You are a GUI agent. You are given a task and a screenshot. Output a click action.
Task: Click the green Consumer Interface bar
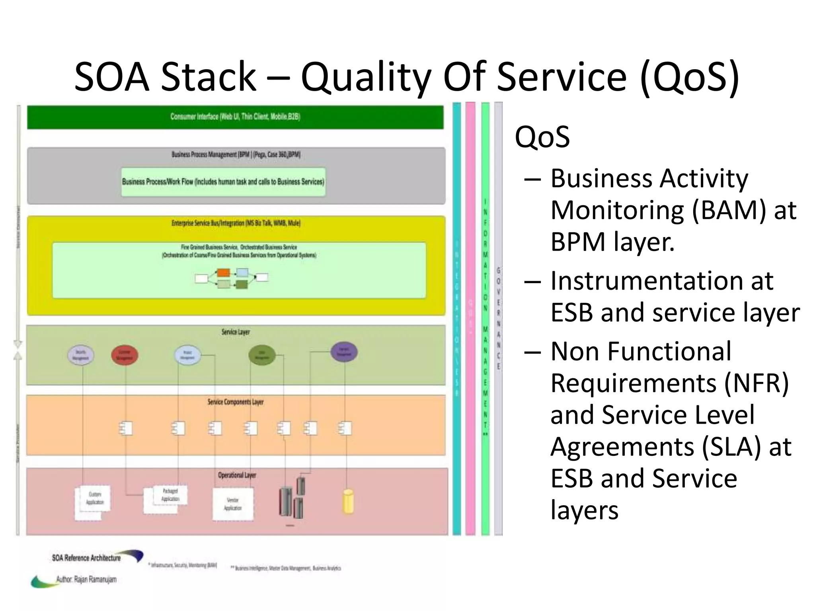pyautogui.click(x=235, y=117)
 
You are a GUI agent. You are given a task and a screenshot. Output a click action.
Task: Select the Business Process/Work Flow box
pyautogui.click(x=223, y=182)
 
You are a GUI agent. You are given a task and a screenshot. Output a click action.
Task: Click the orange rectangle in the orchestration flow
pyautogui.click(x=223, y=273)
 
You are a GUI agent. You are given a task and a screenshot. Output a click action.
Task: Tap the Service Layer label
pyautogui.click(x=236, y=332)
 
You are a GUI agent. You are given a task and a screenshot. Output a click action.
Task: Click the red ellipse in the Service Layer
pyautogui.click(x=125, y=355)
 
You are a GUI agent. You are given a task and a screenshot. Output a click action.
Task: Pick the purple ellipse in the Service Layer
pyautogui.click(x=344, y=352)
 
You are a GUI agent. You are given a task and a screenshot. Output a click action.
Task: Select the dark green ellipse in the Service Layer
pyautogui.click(x=262, y=354)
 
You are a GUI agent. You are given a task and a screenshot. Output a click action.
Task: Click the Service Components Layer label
pyautogui.click(x=236, y=402)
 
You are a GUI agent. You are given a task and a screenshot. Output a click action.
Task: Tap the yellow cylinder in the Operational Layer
pyautogui.click(x=348, y=502)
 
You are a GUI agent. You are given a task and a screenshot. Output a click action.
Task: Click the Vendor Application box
pyautogui.click(x=233, y=504)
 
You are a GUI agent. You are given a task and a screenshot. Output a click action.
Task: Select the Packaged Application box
pyautogui.click(x=170, y=495)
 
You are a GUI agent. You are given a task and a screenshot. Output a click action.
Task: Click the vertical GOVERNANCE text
pyautogui.click(x=498, y=318)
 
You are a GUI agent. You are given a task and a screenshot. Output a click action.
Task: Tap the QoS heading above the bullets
pyautogui.click(x=542, y=137)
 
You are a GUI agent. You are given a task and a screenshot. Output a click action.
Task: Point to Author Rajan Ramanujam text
pyautogui.click(x=86, y=579)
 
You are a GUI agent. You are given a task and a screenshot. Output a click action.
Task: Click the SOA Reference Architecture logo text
pyautogui.click(x=86, y=558)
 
